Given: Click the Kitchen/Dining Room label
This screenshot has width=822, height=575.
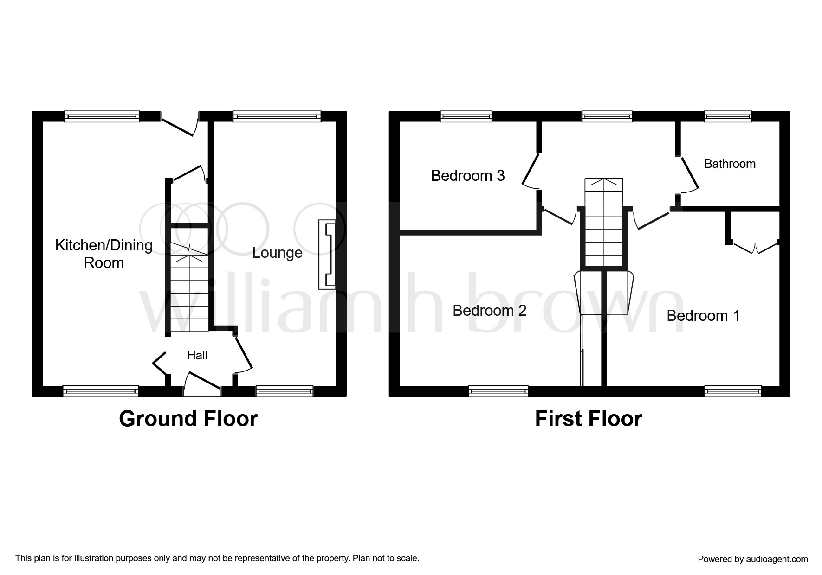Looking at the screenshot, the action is (x=104, y=254).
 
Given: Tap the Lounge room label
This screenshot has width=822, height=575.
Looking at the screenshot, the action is (x=278, y=253).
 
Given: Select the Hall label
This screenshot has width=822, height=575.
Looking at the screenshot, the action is (x=197, y=355).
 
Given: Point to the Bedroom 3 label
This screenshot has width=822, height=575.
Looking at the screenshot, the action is (x=468, y=175).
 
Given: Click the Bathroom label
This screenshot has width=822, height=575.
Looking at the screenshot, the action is (x=730, y=164).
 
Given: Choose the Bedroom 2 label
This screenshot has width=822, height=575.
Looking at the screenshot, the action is (x=490, y=310).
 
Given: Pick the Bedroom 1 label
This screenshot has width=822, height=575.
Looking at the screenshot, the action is (x=703, y=316).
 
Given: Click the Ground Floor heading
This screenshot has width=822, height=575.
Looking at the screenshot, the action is (x=188, y=419).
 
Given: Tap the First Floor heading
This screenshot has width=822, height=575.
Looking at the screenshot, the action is (x=589, y=419).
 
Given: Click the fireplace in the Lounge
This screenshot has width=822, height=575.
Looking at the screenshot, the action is (x=327, y=255).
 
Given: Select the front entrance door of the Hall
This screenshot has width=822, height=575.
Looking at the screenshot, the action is (x=202, y=384).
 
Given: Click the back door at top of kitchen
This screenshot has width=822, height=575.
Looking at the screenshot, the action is (x=180, y=123).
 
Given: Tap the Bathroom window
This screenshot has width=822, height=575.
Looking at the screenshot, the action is (x=728, y=116).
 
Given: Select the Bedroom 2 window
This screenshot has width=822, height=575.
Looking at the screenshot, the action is (x=498, y=391).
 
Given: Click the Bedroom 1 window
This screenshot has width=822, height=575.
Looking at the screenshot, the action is (x=733, y=391).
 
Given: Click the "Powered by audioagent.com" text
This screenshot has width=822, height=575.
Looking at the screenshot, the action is (x=753, y=559).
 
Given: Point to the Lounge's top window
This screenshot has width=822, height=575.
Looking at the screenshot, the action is (x=277, y=116).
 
